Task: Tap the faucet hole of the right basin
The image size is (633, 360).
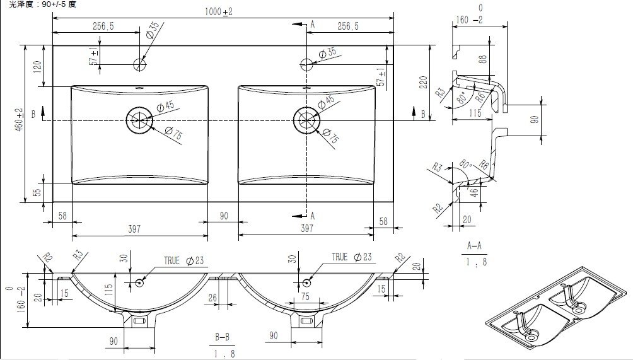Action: [306, 64]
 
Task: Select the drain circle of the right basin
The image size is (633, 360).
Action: [307, 119]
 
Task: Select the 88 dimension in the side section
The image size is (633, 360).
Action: [483, 59]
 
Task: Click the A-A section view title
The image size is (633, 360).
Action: [474, 245]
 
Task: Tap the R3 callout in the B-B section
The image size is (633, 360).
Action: [78, 255]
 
